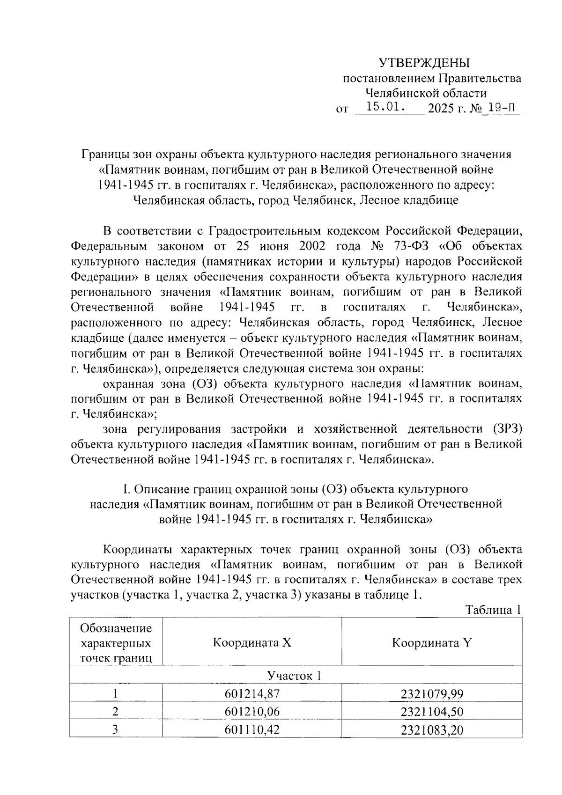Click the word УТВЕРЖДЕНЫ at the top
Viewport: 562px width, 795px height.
point(423,63)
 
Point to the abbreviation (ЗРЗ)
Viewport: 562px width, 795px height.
point(507,429)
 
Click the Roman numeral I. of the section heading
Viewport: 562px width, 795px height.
point(126,489)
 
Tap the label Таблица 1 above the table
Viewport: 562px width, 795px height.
point(493,610)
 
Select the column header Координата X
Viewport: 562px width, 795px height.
point(252,642)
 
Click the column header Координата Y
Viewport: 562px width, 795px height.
point(432,642)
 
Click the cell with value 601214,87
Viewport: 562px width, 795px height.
point(252,693)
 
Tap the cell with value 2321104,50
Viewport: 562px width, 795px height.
point(432,712)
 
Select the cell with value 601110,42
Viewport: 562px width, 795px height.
point(252,729)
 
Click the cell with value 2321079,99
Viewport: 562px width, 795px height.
point(432,693)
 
